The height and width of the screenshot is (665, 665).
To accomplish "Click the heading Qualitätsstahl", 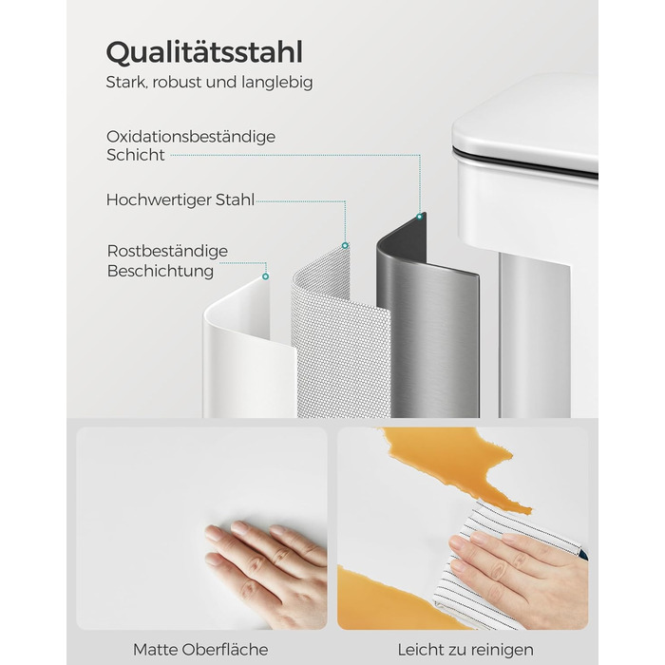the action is pos(204,53).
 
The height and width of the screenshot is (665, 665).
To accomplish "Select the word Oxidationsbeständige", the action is pos(191,137).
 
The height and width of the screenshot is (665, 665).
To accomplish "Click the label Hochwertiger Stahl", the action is pos(180,199).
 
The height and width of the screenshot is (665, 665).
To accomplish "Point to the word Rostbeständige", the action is pos(167,251).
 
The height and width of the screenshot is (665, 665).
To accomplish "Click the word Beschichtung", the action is pos(161,271).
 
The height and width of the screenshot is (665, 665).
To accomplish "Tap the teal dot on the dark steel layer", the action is pos(420,217).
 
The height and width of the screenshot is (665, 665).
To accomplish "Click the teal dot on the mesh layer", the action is pos(345,245).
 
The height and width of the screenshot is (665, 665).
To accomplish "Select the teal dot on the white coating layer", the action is pos(265,276).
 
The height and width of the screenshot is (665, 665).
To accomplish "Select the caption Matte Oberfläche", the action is pos(200,650).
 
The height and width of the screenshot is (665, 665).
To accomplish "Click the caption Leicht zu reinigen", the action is pos(465,650).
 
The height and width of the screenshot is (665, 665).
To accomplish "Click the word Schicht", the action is pos(136,155).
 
